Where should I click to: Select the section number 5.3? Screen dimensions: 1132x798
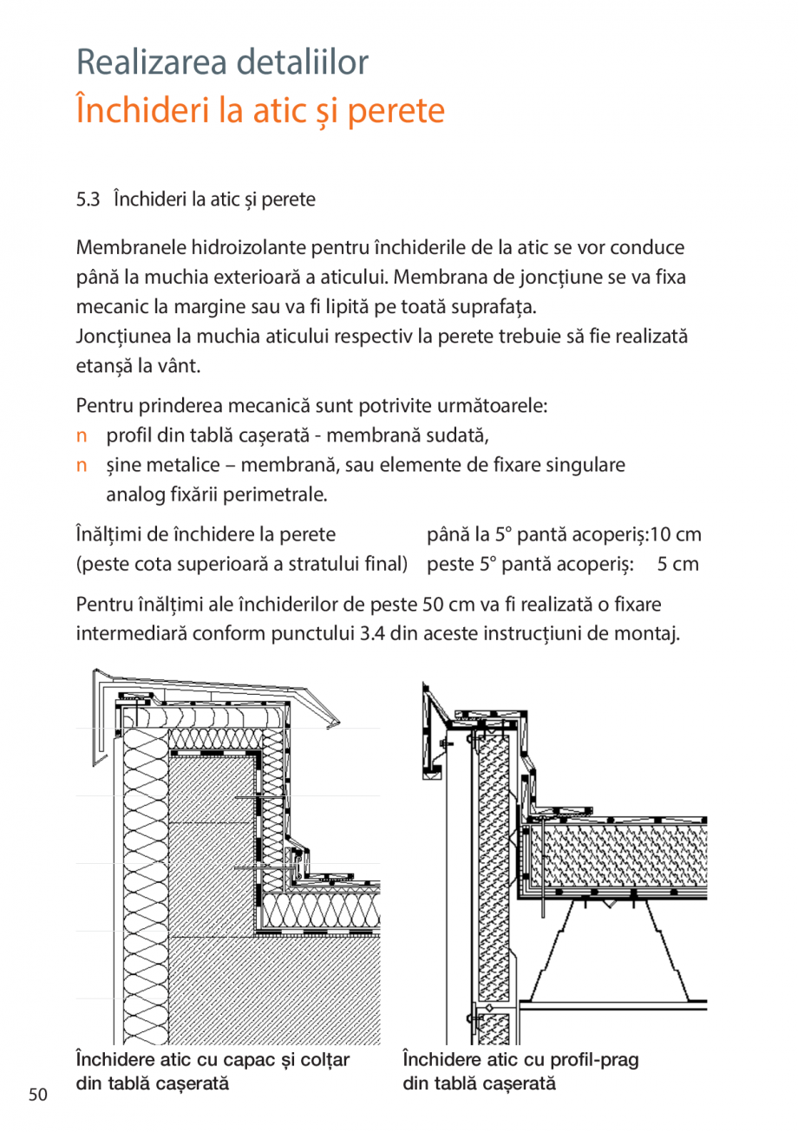pos(88,200)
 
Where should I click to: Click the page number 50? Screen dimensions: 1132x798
pos(37,1095)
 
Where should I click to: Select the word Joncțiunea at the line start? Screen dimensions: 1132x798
pos(120,337)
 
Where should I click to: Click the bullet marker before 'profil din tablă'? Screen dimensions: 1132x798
pos(82,435)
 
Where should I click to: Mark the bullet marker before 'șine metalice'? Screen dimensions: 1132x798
pos(82,465)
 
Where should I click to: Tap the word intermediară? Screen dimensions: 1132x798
pos(128,633)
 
